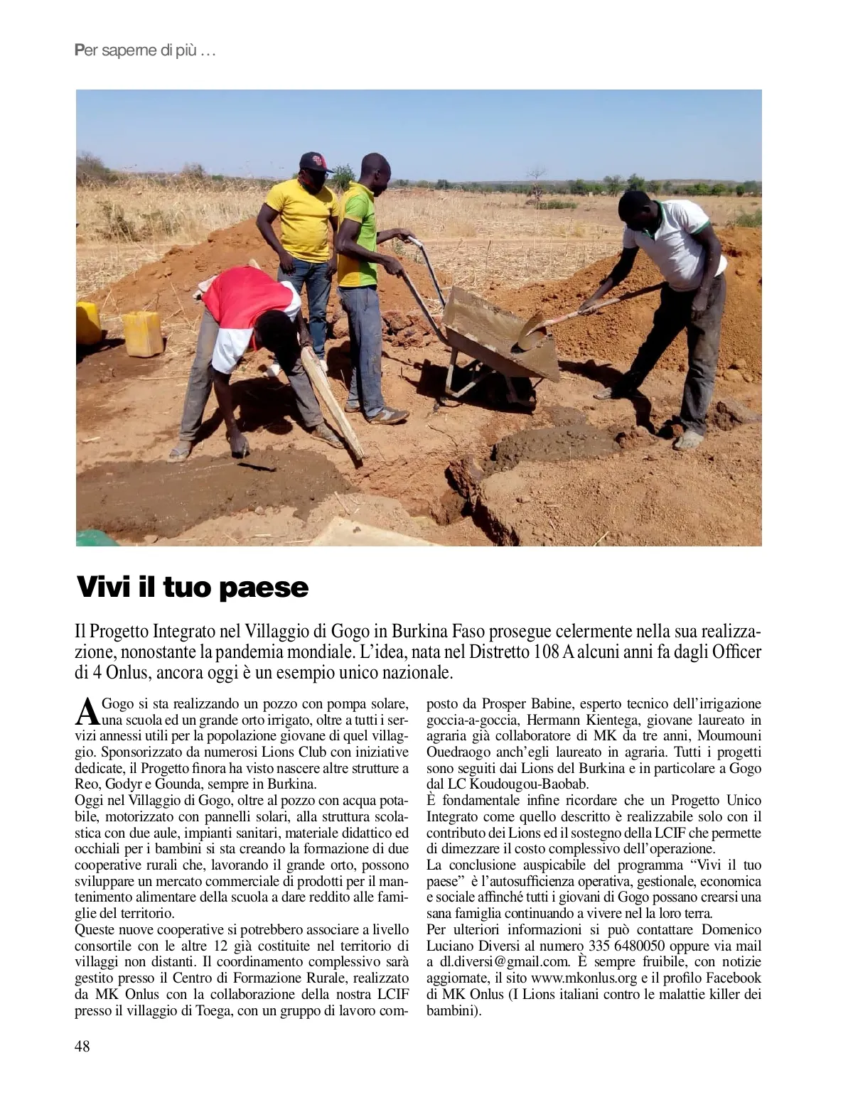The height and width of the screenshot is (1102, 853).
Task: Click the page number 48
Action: click(x=82, y=1046)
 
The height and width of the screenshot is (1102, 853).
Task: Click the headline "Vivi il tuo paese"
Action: click(x=193, y=588)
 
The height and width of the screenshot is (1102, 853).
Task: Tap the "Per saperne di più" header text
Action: click(x=144, y=51)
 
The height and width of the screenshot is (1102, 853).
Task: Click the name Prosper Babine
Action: click(x=527, y=704)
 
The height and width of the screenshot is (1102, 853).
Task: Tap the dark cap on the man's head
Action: click(x=316, y=161)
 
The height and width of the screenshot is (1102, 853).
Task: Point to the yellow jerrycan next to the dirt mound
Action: click(x=143, y=333)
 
